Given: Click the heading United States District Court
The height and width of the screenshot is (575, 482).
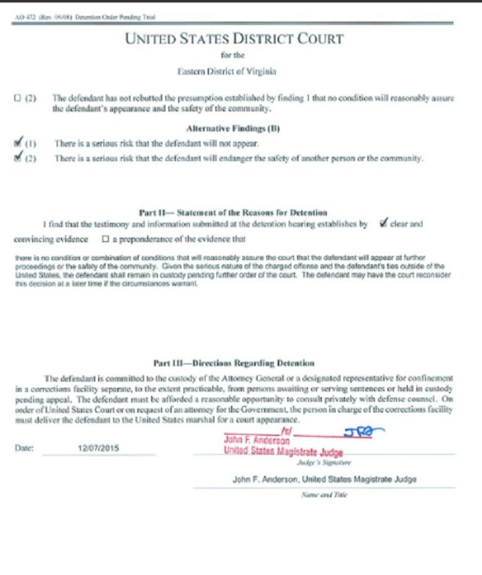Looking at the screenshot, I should click(234, 39).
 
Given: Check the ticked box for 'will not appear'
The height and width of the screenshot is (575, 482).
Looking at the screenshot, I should click(17, 144).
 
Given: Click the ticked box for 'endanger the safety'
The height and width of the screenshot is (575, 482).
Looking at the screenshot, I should click(17, 158).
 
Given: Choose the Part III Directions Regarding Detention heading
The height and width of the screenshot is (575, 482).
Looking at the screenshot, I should click(233, 363).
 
